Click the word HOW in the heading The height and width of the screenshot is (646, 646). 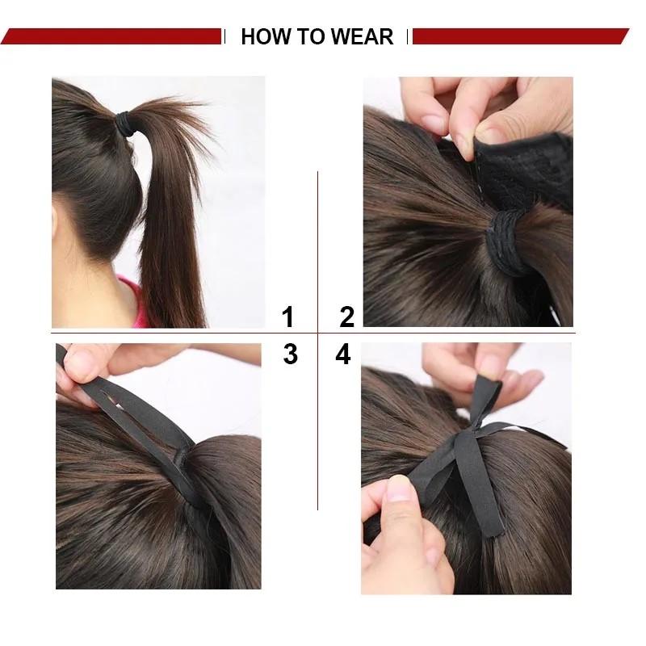pos(264,36)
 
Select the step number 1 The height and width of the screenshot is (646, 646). pos(287,317)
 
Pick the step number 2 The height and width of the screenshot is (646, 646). pos(346,317)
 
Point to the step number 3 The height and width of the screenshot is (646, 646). pos(290,354)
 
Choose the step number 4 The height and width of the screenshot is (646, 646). pos(343,354)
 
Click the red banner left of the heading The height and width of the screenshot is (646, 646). pos(113,36)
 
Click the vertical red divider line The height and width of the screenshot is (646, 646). pos(317,242)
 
